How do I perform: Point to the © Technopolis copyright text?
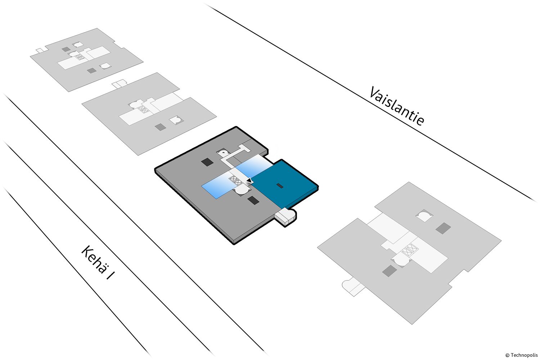521,355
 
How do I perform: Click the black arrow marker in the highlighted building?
248,180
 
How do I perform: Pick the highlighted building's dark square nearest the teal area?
253,200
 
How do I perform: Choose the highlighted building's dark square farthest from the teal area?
207,162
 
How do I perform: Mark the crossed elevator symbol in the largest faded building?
409,249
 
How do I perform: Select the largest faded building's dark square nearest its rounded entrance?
388,271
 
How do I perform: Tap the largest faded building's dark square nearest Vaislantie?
443,228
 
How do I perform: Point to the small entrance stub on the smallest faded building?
40,49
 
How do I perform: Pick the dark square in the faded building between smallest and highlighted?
160,127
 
